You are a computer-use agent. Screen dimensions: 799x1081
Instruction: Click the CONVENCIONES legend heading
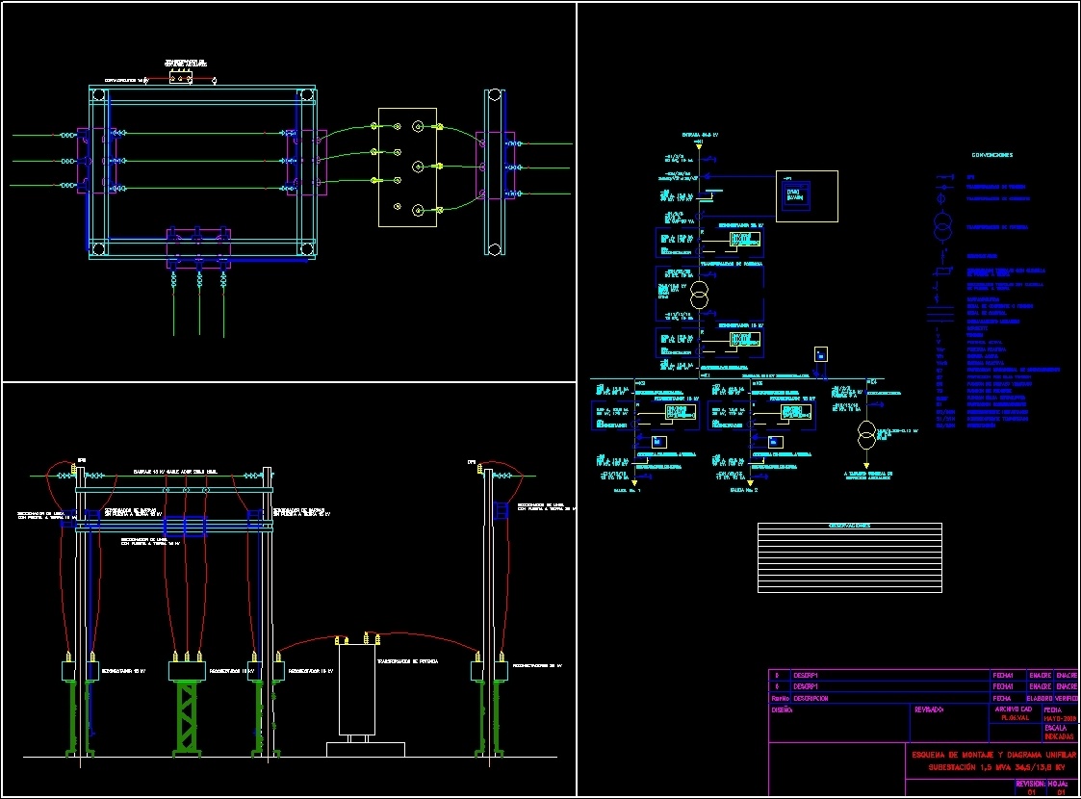click(x=991, y=155)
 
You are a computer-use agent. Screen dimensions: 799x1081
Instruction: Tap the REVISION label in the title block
click(x=1030, y=784)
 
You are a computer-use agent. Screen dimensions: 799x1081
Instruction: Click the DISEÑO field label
click(x=782, y=709)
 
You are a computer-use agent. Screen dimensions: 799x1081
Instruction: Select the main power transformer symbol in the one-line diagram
click(x=699, y=295)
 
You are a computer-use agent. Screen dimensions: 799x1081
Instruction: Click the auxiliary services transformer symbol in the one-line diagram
click(x=866, y=436)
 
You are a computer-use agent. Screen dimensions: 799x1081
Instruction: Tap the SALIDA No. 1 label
click(x=626, y=491)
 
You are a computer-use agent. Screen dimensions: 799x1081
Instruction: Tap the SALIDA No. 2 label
click(x=744, y=491)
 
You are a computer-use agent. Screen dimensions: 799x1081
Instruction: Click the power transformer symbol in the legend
click(x=943, y=228)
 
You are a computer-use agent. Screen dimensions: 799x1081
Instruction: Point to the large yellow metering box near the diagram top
click(x=807, y=196)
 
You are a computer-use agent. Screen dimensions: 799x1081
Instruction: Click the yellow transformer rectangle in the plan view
click(x=407, y=168)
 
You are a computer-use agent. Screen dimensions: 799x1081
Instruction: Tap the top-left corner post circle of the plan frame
click(x=96, y=95)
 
